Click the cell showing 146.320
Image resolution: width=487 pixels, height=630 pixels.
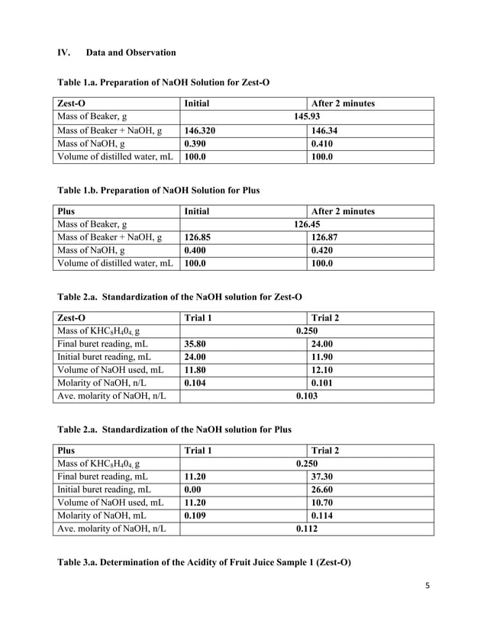pos(201,130)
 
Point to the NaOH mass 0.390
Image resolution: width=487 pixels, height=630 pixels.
pos(196,143)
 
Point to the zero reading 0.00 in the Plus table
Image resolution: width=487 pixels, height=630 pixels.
pos(193,490)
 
